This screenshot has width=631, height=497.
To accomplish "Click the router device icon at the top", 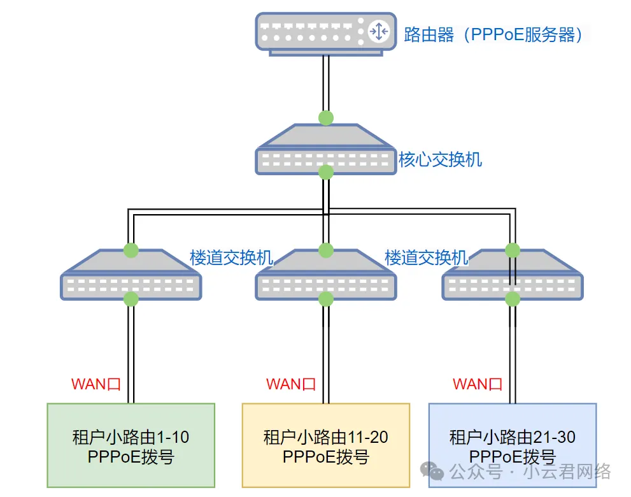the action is point(325,34).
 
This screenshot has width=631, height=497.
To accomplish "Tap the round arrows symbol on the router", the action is point(379,31).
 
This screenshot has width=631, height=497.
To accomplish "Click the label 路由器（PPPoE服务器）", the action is point(493,34).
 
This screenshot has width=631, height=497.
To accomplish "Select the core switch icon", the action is point(325,150).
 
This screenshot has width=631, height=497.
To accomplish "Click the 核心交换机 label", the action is point(440,159).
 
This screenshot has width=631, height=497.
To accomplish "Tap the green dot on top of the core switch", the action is point(326,118).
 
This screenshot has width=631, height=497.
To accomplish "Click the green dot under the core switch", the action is point(326,172).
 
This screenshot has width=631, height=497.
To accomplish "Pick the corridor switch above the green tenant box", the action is point(131,275).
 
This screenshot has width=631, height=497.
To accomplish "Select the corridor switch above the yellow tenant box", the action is point(326,275).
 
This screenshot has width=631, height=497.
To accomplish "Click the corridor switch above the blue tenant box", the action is point(513,275).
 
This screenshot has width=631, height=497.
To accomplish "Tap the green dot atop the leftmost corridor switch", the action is point(131,250).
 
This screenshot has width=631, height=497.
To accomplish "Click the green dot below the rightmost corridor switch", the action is point(513,299).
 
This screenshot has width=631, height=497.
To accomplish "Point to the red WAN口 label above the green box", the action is point(96,384).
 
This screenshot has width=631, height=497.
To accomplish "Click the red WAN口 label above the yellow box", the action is point(291,384).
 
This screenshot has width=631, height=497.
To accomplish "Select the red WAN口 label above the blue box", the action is point(478,384).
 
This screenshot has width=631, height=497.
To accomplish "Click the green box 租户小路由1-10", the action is point(131,445).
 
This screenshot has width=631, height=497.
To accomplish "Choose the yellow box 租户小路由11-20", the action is point(326,445).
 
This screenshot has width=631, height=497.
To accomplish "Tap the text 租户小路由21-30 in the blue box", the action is point(513,437).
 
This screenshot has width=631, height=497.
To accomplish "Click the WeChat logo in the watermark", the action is point(432,470).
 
